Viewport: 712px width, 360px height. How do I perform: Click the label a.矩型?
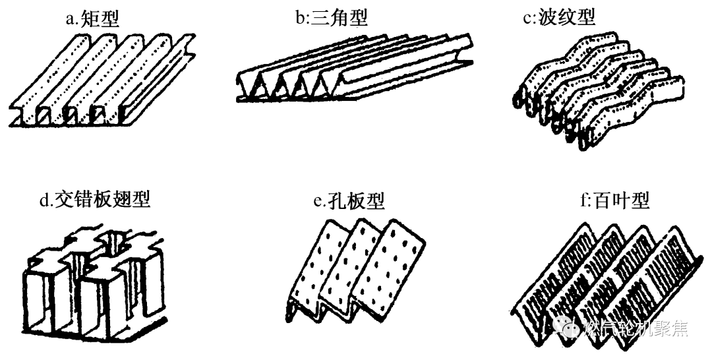click(92, 18)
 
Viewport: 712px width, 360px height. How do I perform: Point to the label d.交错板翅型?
click(95, 199)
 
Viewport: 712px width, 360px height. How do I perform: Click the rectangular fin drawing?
click(102, 79)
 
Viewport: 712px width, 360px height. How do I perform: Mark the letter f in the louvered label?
click(583, 200)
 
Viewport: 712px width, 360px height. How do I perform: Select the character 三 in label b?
click(321, 17)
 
